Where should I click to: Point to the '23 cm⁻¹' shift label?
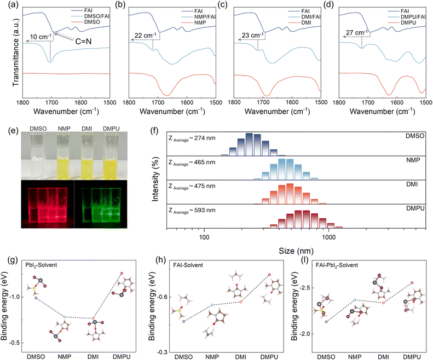tap(251, 36)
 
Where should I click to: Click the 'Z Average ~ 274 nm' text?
tap(192, 137)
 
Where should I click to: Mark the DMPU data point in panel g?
tap(122, 273)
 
